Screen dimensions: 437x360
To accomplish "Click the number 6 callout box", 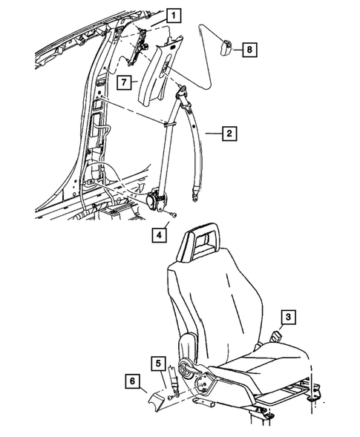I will click(x=131, y=383).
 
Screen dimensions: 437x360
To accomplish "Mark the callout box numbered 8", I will click(x=249, y=50).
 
